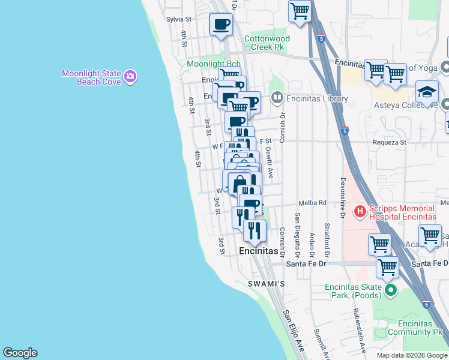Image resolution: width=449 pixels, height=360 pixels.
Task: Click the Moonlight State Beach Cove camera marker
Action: (x=130, y=77)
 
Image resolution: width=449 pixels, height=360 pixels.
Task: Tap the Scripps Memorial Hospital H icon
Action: (x=360, y=211)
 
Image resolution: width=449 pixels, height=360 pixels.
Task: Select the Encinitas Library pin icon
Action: (x=277, y=98)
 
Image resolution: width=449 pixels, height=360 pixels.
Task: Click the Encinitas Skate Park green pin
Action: (x=391, y=292)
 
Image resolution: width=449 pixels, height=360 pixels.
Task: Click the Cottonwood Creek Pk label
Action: (x=267, y=43)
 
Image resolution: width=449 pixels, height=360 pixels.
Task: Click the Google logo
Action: (x=20, y=353)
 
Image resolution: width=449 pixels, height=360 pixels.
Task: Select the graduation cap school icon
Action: (x=427, y=92)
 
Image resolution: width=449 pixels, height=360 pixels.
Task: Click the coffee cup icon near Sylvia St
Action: (x=220, y=24)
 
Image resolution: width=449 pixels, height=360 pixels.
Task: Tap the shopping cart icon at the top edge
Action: (x=300, y=10)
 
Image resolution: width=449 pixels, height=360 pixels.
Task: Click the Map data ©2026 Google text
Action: (x=411, y=355)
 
